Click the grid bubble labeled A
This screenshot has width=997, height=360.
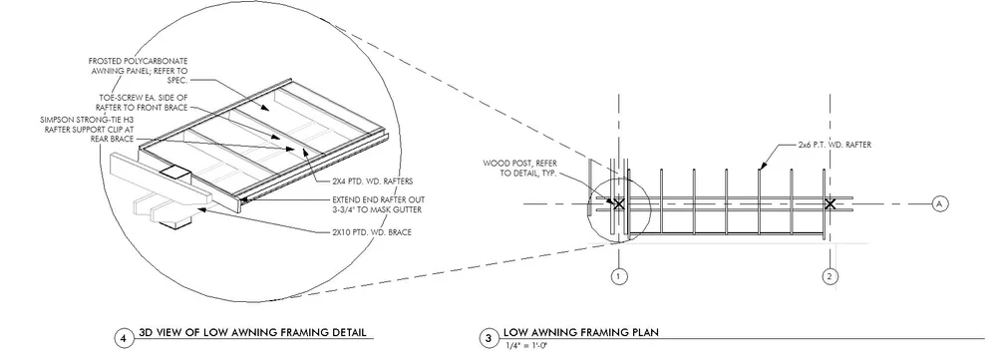pyautogui.click(x=938, y=203)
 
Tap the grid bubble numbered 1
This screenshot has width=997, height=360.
pyautogui.click(x=618, y=274)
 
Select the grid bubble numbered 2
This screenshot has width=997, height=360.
pyautogui.click(x=830, y=274)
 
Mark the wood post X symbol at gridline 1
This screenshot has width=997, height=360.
pyautogui.click(x=618, y=203)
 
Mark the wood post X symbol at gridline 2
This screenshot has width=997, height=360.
pyautogui.click(x=830, y=203)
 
